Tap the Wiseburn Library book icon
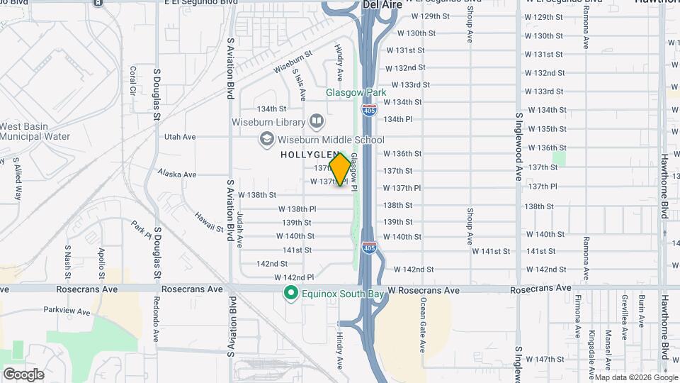(315, 122)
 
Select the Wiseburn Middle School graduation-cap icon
(266, 139)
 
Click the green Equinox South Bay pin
(290, 293)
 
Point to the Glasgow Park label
(356, 92)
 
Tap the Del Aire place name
(382, 5)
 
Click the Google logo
(23, 374)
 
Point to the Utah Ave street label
(180, 137)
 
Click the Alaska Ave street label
(177, 174)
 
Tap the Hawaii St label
(210, 224)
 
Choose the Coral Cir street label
(132, 83)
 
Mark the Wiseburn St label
(293, 62)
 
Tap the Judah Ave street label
(241, 228)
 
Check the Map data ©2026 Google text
(635, 377)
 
